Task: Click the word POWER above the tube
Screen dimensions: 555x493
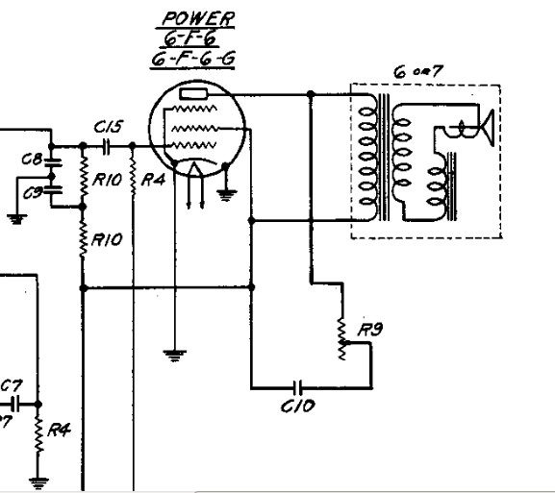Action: [198, 19]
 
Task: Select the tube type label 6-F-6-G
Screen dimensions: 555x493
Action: [193, 59]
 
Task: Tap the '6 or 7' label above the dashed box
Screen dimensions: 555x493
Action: [418, 72]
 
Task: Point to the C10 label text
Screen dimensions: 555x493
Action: [297, 406]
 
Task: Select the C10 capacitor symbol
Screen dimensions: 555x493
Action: [298, 387]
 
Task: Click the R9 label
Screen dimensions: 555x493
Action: [370, 330]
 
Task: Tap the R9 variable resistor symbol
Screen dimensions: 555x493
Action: [342, 339]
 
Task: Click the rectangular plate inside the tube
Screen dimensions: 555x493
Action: [193, 94]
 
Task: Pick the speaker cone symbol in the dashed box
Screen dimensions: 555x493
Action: [487, 128]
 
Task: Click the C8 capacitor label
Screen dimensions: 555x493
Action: [32, 160]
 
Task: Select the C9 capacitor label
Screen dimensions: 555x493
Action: [34, 193]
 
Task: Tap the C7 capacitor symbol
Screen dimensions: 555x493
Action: [14, 404]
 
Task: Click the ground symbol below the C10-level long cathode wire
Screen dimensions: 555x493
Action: [174, 356]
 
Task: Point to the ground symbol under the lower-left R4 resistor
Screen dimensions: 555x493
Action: [38, 482]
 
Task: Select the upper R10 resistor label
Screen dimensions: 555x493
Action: [107, 180]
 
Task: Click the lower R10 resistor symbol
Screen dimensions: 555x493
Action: [83, 237]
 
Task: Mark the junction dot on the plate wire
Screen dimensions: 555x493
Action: [311, 94]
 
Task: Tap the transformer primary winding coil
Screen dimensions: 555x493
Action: [368, 157]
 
